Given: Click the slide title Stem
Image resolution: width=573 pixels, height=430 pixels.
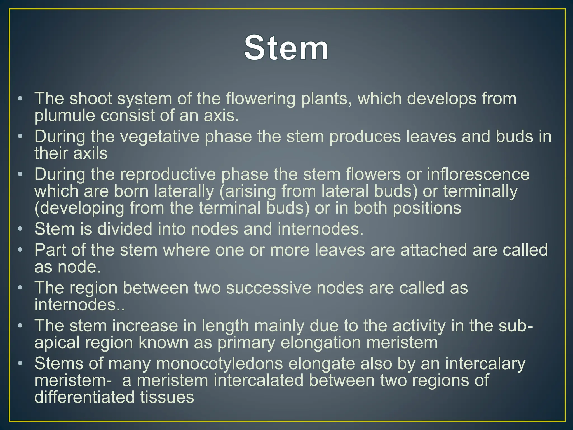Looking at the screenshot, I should click(x=286, y=48).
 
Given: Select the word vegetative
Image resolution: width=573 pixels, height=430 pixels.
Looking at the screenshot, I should click(x=159, y=137).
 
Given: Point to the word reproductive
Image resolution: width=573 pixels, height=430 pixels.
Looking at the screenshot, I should click(x=168, y=174).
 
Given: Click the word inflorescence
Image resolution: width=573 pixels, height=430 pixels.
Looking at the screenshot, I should click(x=478, y=174).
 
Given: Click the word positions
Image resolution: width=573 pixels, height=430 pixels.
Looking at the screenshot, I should click(x=427, y=208).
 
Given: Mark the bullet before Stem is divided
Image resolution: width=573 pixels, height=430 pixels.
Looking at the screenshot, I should click(x=20, y=229).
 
